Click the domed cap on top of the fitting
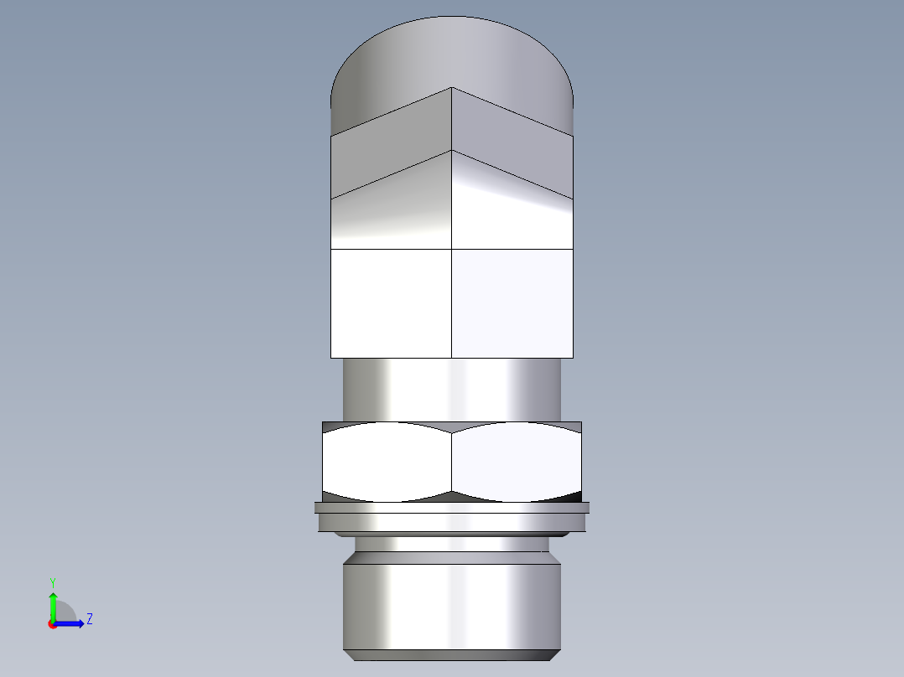(452, 59)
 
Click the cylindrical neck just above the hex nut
(452, 390)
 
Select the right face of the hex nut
(516, 461)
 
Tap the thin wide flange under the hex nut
(452, 507)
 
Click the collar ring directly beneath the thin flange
(452, 522)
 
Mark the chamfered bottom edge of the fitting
(452, 654)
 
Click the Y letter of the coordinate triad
(52, 581)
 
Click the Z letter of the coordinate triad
(89, 619)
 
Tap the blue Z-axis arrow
(71, 623)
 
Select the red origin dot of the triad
(52, 624)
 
